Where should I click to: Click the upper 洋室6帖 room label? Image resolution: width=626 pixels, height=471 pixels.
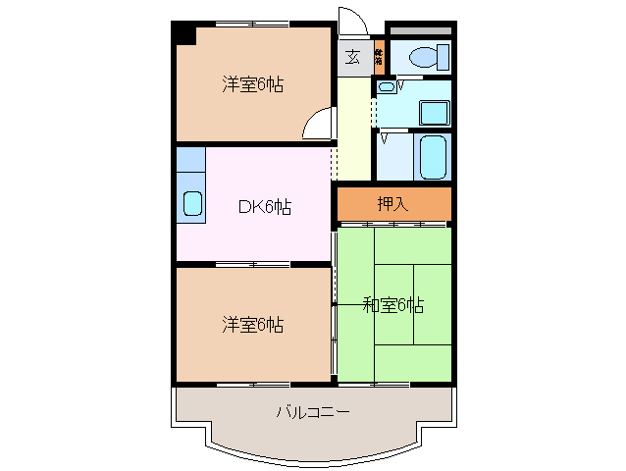click(252, 85)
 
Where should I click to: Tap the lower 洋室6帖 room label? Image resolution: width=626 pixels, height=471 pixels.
click(252, 324)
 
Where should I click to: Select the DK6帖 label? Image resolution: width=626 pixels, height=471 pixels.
click(264, 207)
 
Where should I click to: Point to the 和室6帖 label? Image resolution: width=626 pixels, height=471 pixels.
click(394, 305)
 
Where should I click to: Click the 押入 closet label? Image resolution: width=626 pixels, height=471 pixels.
click(392, 204)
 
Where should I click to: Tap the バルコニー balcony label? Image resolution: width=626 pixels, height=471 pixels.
click(312, 412)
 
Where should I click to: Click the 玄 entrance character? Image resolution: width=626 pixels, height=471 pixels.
click(351, 57)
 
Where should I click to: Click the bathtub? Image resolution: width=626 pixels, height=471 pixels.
click(434, 157)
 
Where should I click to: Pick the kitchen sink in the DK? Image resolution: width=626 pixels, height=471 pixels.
click(192, 204)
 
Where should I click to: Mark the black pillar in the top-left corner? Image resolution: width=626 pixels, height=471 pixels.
click(183, 32)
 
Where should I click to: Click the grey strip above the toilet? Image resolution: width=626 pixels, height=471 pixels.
click(419, 30)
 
